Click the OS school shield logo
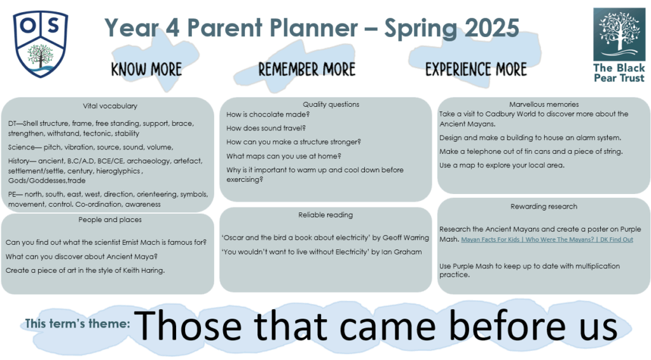coord(40,44)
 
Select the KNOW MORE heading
coord(147,69)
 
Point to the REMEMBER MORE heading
coord(307,69)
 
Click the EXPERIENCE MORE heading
coord(476,69)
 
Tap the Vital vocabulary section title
coord(110,106)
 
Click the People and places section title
coord(110,219)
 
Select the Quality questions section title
coord(331,105)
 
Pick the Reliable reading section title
coord(325,215)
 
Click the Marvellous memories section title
coord(544,104)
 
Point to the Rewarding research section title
coord(544,206)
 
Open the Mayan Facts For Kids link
coord(547,240)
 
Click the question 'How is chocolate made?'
coord(268,114)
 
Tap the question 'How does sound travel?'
coord(266,128)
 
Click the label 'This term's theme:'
coord(78,324)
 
